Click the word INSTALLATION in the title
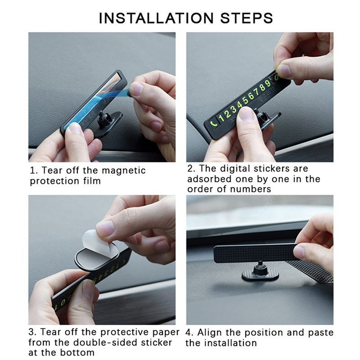156,18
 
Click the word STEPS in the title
247,18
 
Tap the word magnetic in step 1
123,171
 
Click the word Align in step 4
209,333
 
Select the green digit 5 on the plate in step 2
246,100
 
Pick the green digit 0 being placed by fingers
276,77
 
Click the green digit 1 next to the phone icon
221,118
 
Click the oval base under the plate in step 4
261,274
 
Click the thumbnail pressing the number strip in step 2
247,114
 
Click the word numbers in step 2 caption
251,189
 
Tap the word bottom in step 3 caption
77,352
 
